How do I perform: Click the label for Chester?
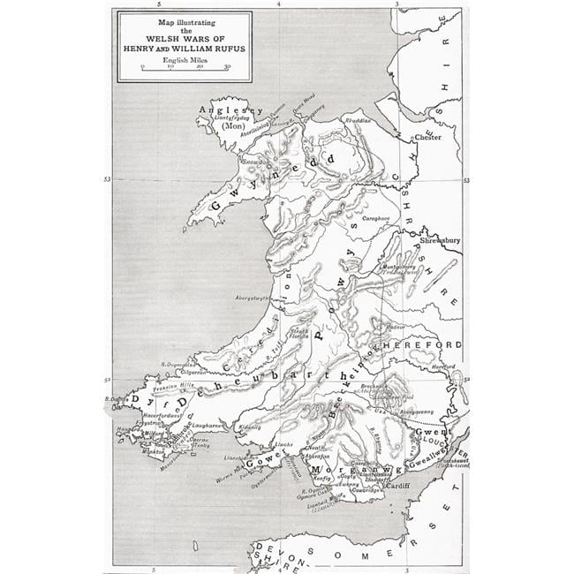point(427,139)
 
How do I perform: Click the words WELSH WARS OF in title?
point(184,37)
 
